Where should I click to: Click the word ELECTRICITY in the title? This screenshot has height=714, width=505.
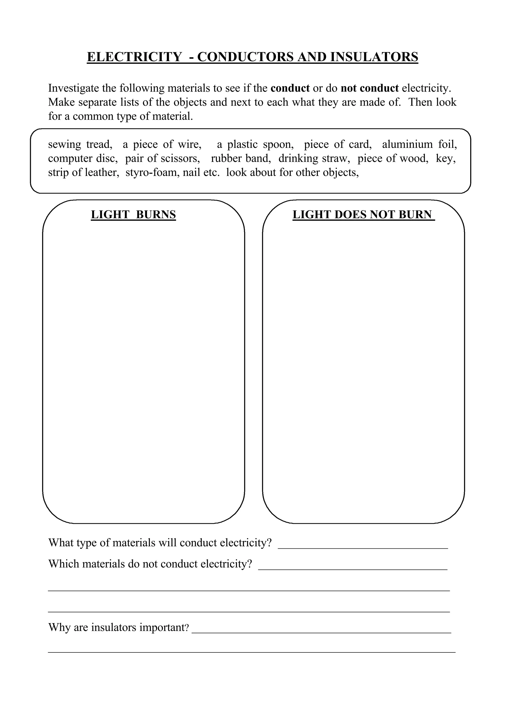[134, 57]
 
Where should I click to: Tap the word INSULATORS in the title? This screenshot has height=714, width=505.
[374, 57]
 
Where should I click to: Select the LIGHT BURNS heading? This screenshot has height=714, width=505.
[133, 215]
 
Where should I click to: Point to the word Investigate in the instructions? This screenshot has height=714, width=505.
[73, 88]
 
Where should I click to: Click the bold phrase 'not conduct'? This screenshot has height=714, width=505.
[369, 88]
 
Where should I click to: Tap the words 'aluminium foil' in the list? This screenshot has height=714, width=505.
[419, 144]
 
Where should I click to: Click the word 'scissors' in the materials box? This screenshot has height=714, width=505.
[180, 158]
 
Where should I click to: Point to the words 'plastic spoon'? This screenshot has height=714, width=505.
[260, 144]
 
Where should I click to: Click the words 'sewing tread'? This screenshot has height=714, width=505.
[80, 144]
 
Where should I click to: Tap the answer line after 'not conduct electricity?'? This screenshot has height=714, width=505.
[353, 568]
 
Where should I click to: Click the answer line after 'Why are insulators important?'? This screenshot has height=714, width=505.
[321, 632]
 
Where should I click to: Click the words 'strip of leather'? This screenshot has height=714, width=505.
[83, 172]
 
